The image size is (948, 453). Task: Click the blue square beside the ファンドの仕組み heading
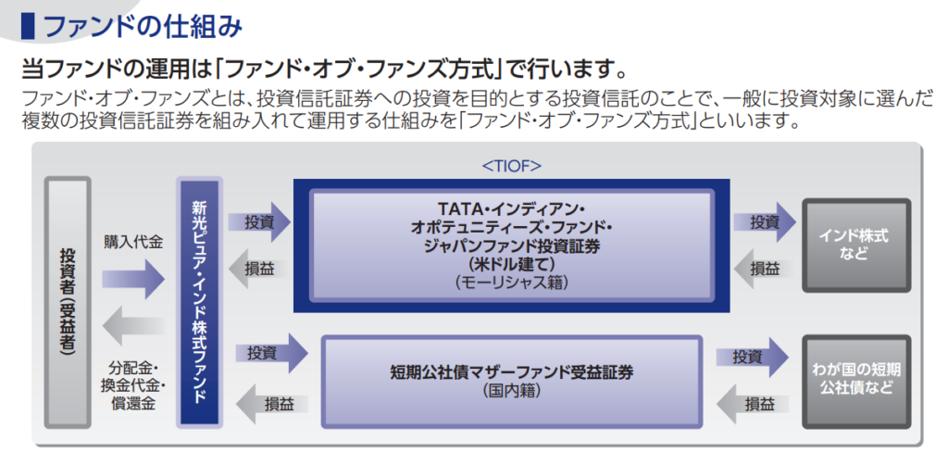coord(28,25)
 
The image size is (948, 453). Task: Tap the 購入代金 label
coord(133,243)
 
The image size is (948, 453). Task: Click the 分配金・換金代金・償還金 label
coord(133,383)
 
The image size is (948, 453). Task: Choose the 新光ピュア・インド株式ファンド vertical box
coord(199,302)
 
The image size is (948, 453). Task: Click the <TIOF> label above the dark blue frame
coord(511,167)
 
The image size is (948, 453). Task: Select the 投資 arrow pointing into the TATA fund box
coord(261,222)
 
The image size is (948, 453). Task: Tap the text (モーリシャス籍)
coord(511,282)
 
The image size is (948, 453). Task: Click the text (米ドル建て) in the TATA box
coord(511,263)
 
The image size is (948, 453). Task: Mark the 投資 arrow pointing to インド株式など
coord(766,222)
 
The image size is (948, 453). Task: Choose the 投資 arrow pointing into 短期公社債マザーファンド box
coord(269,353)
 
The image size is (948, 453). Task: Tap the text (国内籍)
coord(511,391)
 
